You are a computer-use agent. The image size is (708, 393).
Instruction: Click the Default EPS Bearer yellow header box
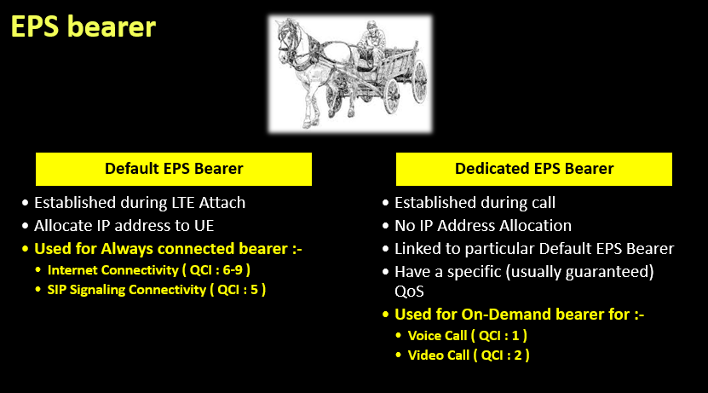pyautogui.click(x=174, y=169)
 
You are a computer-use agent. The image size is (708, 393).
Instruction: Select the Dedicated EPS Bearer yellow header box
pyautogui.click(x=534, y=169)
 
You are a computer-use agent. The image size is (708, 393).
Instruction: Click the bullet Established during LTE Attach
pyautogui.click(x=140, y=203)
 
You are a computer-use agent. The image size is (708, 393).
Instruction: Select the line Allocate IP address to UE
pyautogui.click(x=124, y=226)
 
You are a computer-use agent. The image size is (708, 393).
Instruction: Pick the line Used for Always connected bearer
pyautogui.click(x=168, y=249)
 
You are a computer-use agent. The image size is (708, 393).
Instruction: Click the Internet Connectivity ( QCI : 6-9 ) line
pyautogui.click(x=149, y=269)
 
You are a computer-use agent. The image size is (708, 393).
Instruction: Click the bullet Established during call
pyautogui.click(x=474, y=203)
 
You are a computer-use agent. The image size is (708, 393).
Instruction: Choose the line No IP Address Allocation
pyautogui.click(x=482, y=226)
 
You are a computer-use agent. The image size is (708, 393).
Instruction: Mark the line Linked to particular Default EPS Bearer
pyautogui.click(x=534, y=249)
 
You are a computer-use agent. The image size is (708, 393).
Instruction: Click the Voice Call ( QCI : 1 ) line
pyautogui.click(x=468, y=335)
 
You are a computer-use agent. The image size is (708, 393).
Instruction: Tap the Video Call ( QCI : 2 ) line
pyautogui.click(x=469, y=355)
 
